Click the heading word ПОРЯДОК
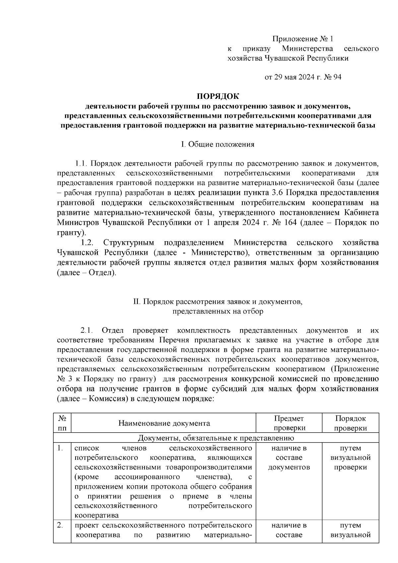[218, 97]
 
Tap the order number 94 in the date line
[337, 77]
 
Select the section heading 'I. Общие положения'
[218, 144]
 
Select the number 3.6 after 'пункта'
[292, 193]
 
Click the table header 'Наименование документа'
[164, 423]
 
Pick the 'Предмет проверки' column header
[289, 423]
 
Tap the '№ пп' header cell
[62, 423]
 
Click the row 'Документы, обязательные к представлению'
[216, 438]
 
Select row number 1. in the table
[60, 448]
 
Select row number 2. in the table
[60, 526]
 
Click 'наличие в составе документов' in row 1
[289, 458]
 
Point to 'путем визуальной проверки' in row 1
[350, 458]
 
